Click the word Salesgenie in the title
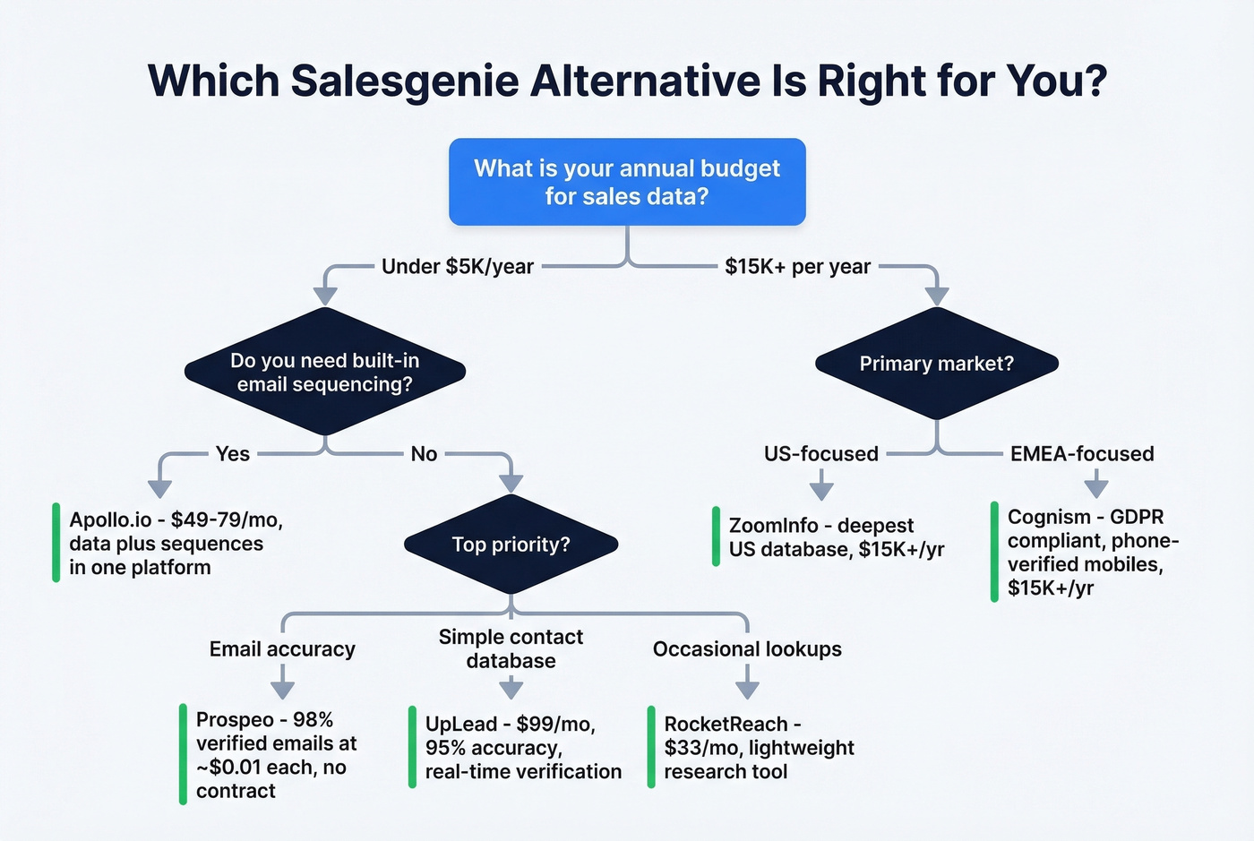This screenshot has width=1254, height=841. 405,82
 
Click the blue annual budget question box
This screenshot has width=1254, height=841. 627,182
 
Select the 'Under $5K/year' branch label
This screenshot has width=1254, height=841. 457,267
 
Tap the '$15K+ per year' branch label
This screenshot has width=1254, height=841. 797,267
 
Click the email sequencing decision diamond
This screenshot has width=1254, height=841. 324,373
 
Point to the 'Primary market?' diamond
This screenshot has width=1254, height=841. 936,364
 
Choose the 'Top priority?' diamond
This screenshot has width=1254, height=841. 511,545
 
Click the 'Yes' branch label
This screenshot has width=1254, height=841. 233,454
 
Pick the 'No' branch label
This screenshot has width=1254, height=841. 424,454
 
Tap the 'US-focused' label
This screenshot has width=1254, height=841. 820,454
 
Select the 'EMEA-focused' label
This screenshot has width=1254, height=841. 1082,454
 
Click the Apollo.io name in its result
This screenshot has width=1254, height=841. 110,520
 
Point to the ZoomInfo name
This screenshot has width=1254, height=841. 773,526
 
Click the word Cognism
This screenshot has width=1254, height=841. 1049,517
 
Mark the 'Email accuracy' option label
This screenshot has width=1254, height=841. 282,649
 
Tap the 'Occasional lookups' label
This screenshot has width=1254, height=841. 747,649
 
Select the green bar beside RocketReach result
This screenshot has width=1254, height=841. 651,747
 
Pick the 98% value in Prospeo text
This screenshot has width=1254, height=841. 313,720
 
